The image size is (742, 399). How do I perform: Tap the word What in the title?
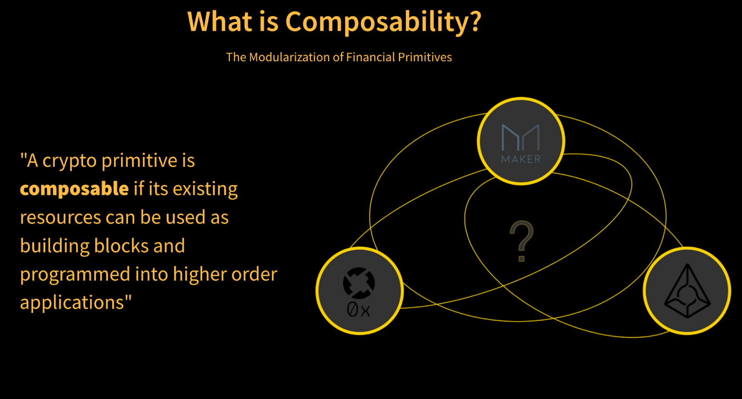pyautogui.click(x=220, y=21)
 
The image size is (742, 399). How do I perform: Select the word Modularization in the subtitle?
pyautogui.click(x=289, y=57)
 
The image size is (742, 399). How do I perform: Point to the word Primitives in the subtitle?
pyautogui.click(x=425, y=57)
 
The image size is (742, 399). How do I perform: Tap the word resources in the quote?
pyautogui.click(x=61, y=218)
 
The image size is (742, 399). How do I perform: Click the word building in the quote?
pyautogui.click(x=54, y=246)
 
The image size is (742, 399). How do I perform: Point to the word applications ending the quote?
pyautogui.click(x=72, y=303)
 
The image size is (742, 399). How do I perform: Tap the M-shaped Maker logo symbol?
pyautogui.click(x=521, y=137)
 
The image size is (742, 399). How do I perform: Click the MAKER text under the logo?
pyautogui.click(x=521, y=160)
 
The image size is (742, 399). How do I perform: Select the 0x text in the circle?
pyautogui.click(x=358, y=310)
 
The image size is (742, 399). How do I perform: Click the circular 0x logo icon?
pyautogui.click(x=359, y=283)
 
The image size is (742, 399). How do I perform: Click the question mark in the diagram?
pyautogui.click(x=522, y=241)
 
